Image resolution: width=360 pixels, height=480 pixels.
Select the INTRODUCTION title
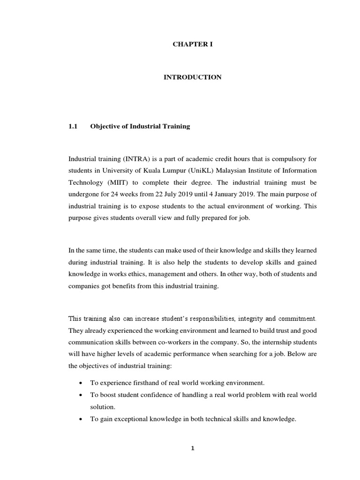192,77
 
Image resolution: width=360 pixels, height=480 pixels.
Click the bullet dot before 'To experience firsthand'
82,383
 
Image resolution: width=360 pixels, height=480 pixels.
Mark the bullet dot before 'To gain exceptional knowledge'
82,420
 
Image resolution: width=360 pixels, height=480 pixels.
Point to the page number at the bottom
192,448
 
